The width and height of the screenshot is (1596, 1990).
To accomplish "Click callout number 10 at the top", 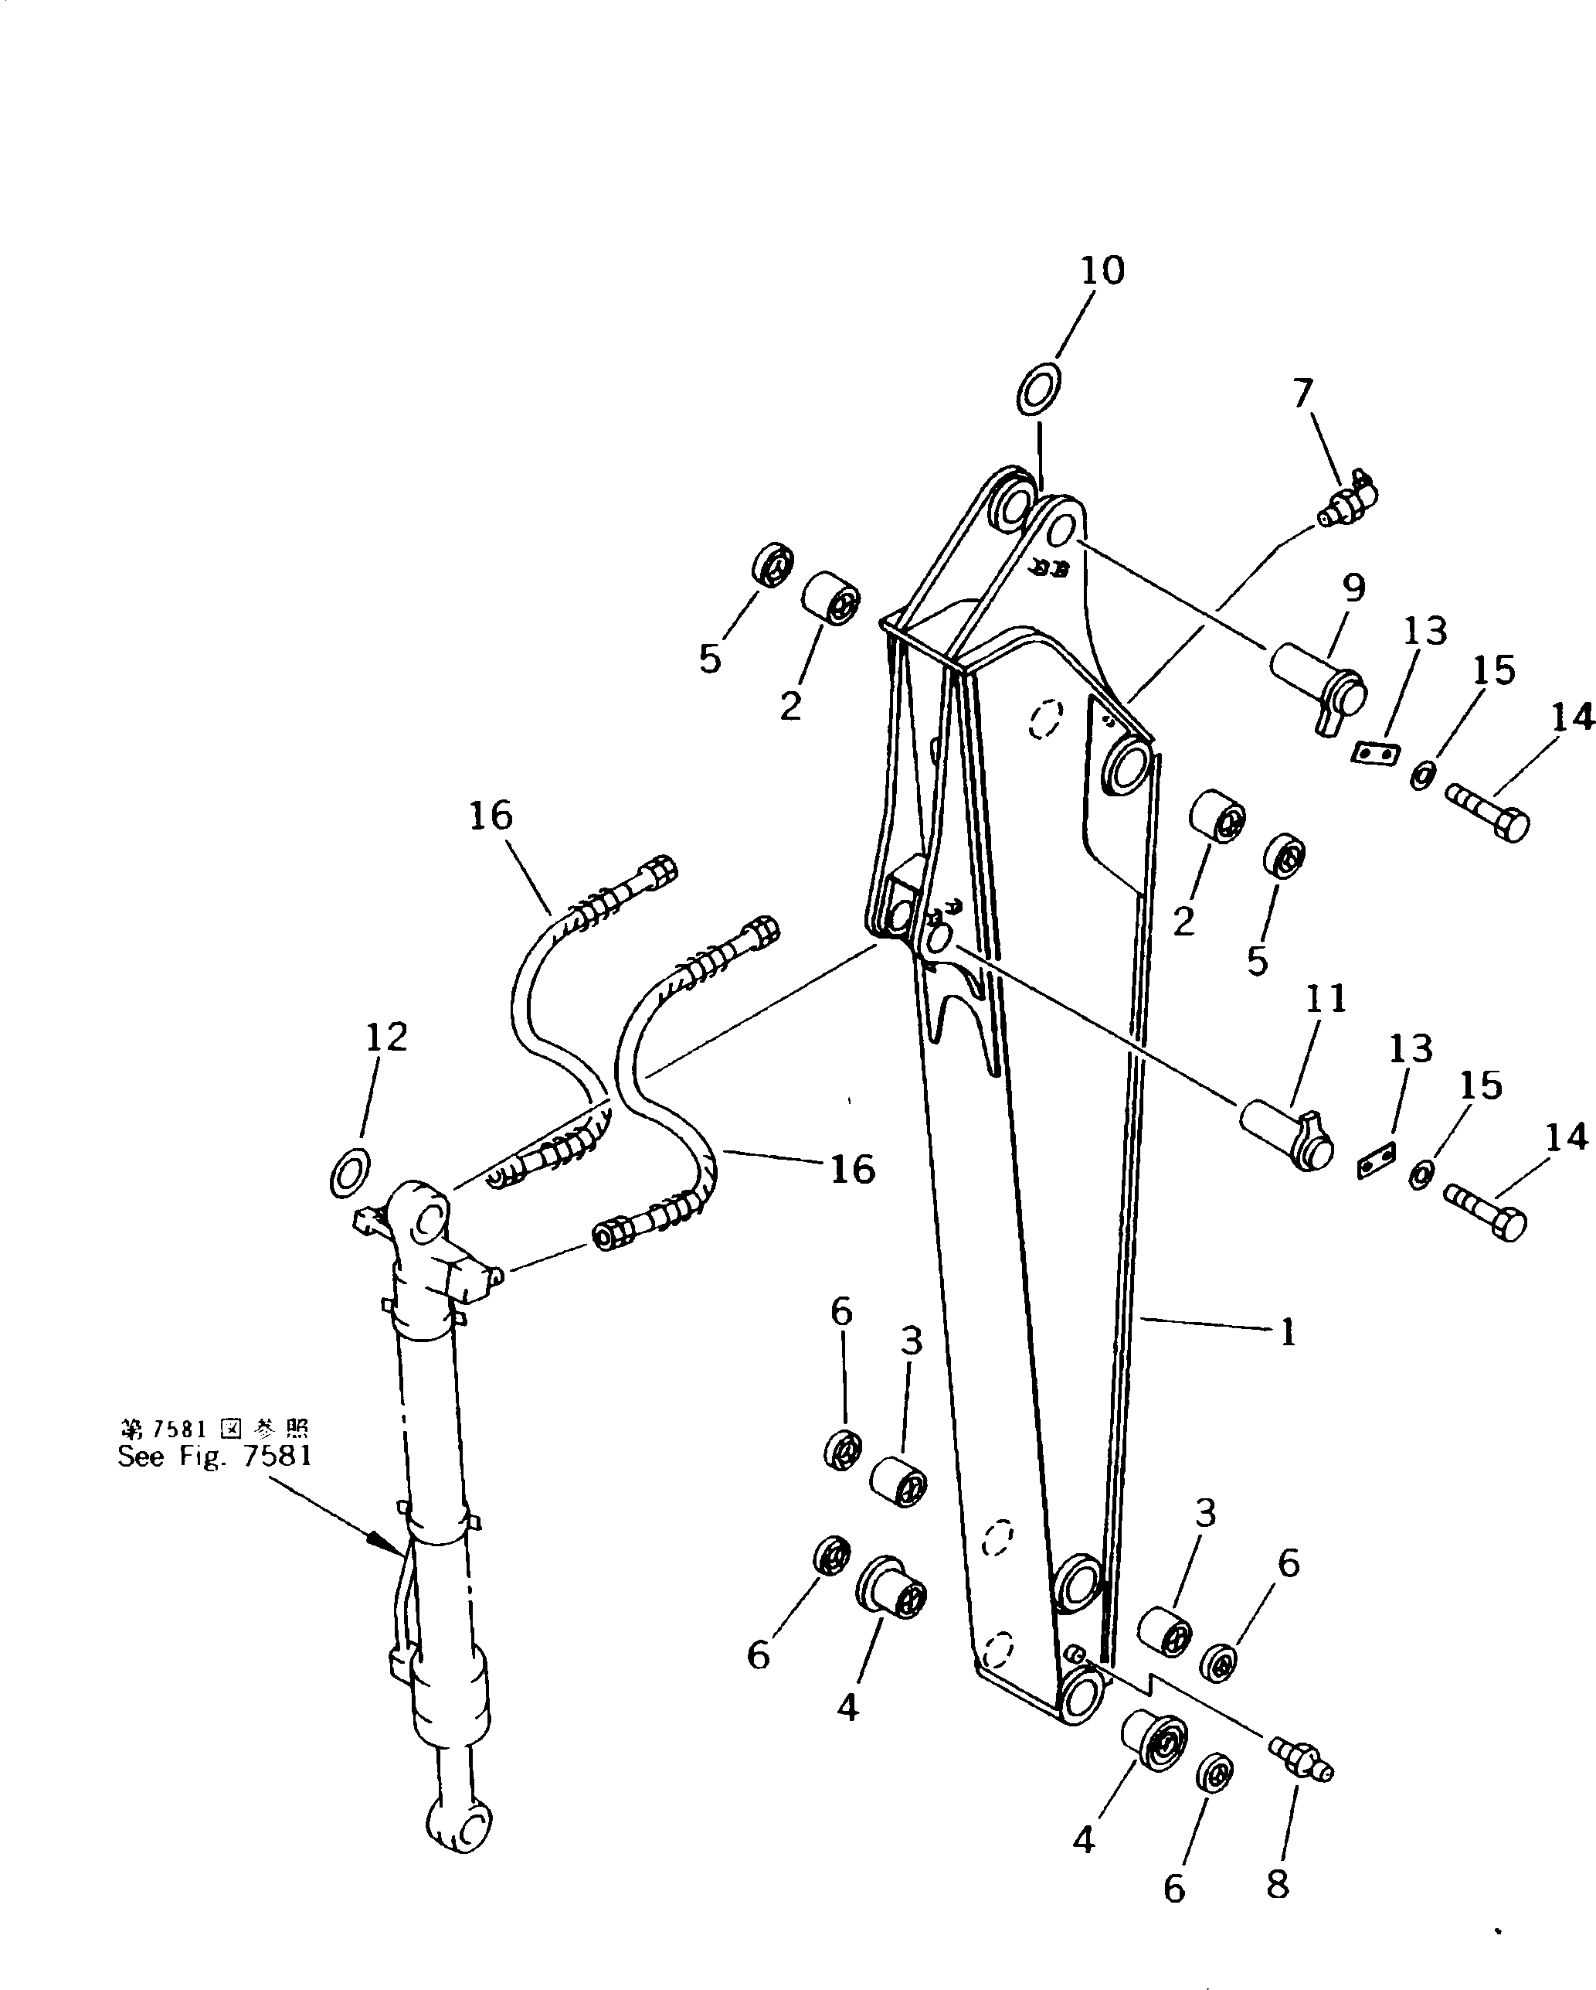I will (x=1102, y=271).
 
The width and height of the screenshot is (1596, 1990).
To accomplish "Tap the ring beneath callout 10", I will (x=1039, y=390).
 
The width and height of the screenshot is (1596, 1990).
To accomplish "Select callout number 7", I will (x=1302, y=394).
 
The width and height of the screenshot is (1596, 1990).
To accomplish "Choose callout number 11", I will (x=1326, y=999).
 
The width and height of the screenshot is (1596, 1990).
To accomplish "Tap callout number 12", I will (x=386, y=1038).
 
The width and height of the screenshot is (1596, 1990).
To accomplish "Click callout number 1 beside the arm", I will (x=1288, y=1332).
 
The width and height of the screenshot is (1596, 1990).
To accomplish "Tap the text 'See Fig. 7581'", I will (x=215, y=1457).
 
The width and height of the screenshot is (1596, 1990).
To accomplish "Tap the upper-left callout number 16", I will (x=490, y=816).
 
